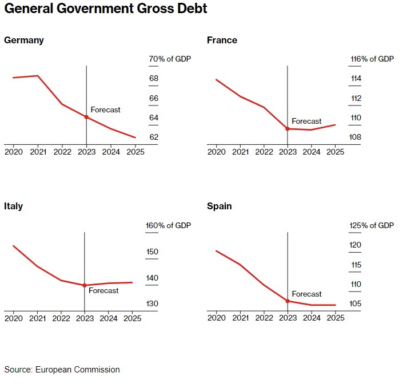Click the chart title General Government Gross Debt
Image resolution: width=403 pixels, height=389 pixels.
click(106, 10)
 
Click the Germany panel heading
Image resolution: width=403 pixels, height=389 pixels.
click(24, 40)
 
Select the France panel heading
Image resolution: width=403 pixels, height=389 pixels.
click(222, 40)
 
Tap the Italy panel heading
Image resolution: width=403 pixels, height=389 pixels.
click(14, 206)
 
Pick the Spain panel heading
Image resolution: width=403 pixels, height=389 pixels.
click(220, 206)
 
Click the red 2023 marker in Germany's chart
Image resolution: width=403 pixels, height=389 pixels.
click(86, 117)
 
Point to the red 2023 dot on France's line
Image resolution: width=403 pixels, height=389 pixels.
click(288, 129)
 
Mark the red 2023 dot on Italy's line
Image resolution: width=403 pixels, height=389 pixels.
click(85, 285)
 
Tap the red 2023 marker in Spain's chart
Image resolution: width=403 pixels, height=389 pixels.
click(288, 301)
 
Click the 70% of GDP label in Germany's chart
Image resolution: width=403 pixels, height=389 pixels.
click(170, 59)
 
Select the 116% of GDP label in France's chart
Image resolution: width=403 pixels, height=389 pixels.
click(372, 59)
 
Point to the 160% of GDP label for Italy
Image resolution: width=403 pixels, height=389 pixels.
click(169, 225)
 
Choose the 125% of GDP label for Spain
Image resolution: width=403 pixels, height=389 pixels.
click(372, 225)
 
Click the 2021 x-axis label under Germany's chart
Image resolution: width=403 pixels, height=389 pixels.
click(38, 152)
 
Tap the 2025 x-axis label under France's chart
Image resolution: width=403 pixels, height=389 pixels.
click(335, 152)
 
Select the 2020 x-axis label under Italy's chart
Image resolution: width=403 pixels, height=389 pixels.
click(14, 318)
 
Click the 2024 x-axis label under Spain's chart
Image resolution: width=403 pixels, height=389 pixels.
click(311, 318)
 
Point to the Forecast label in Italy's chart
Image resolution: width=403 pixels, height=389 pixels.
click(103, 291)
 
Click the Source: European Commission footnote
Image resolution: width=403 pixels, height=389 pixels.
click(62, 370)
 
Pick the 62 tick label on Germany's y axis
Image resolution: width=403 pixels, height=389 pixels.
click(154, 137)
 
